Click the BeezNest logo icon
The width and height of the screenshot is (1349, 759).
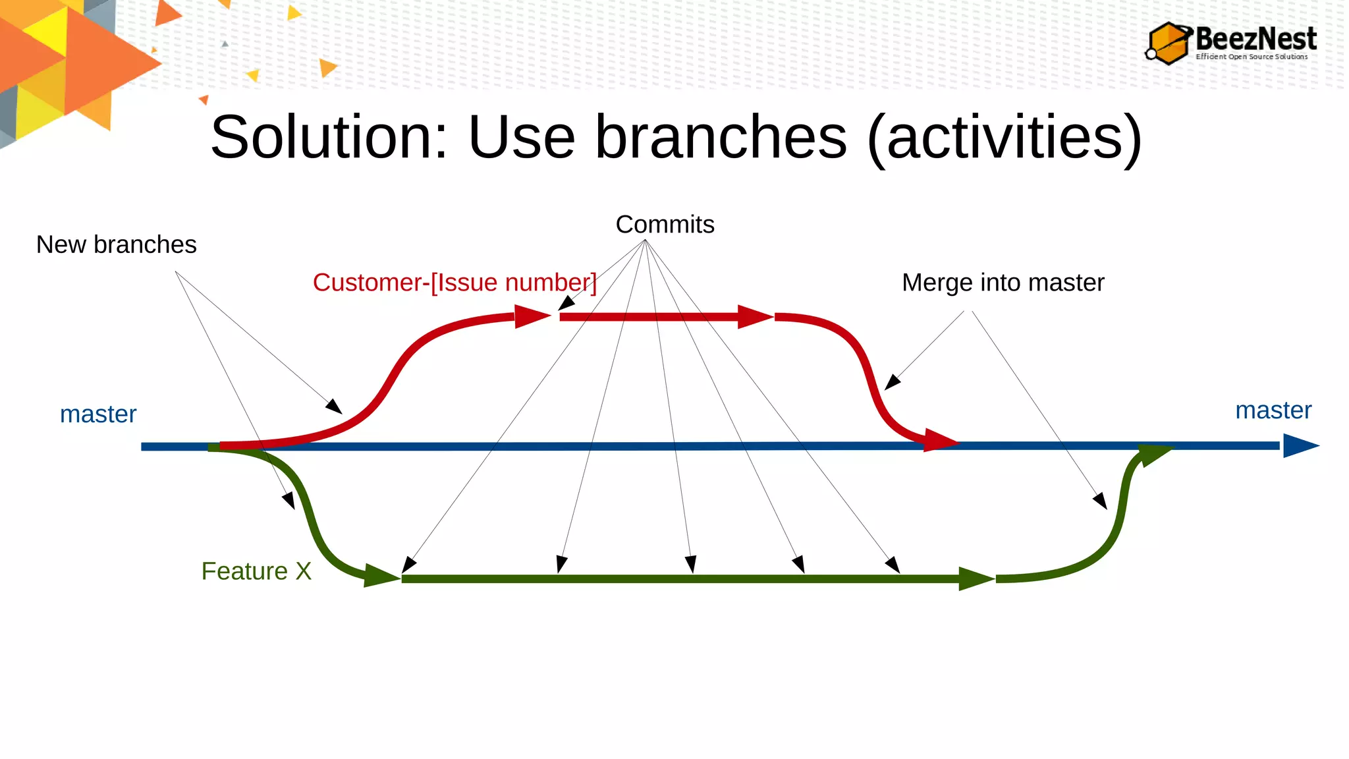[1169, 43]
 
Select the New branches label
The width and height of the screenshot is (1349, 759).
[116, 244]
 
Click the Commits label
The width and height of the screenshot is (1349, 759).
[665, 225]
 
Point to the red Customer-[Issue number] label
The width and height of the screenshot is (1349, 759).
[454, 283]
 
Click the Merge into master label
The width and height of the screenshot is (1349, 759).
[1003, 283]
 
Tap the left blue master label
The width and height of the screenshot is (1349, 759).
[98, 414]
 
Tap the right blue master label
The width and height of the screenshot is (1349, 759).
[1273, 410]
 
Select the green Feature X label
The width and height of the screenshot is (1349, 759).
[256, 571]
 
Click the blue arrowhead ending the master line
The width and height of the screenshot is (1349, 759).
[1300, 446]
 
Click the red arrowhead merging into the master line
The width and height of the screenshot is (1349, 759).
[941, 440]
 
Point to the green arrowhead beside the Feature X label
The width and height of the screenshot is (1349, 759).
[380, 576]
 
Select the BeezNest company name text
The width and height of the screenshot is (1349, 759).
[1255, 39]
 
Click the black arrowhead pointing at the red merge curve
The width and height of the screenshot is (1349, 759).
[892, 382]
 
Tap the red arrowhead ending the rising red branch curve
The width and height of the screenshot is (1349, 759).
[531, 316]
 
